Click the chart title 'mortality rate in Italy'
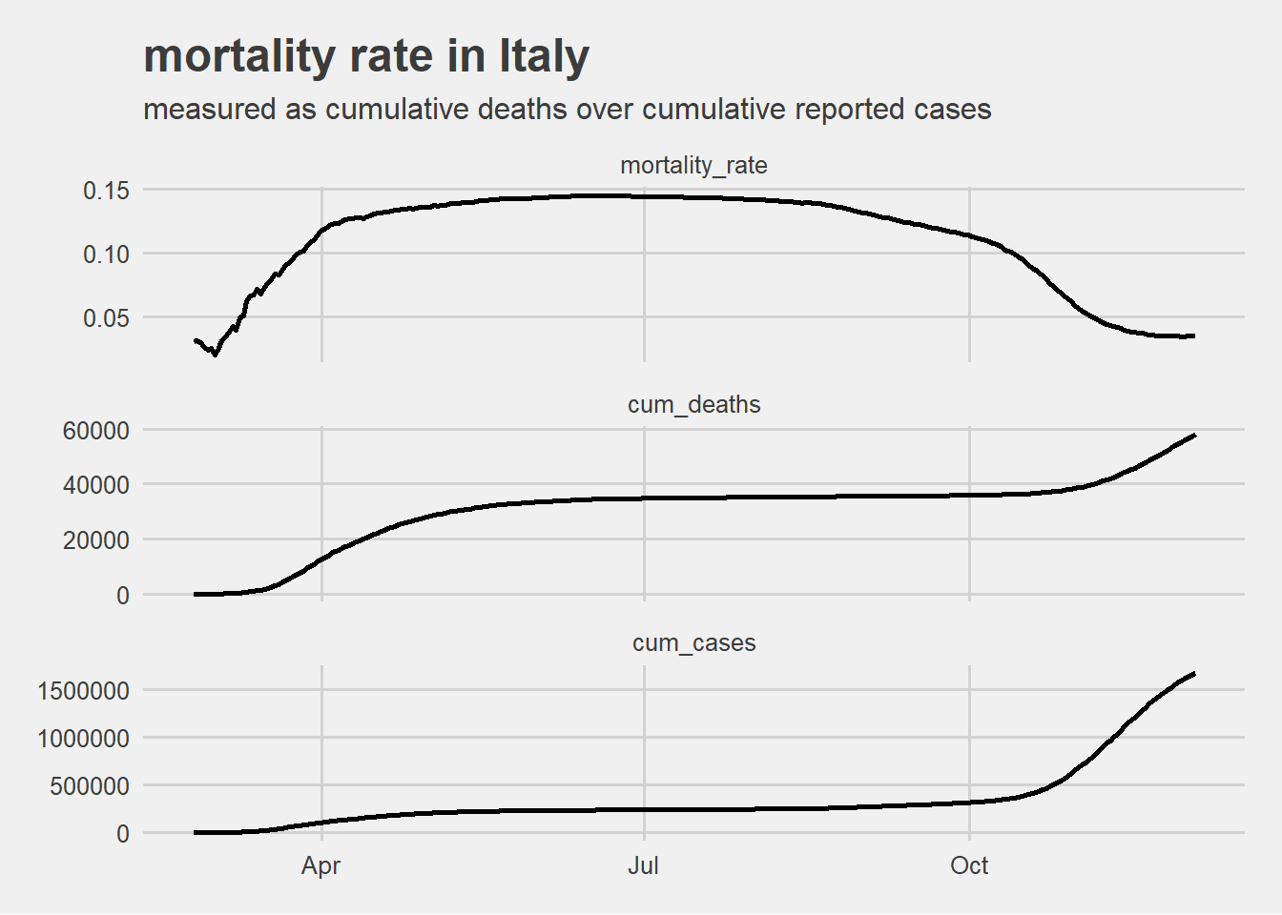point(366,56)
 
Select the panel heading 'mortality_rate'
point(693,166)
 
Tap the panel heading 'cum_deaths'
point(693,405)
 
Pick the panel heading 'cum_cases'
point(693,643)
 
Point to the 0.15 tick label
point(106,191)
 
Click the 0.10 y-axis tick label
point(106,254)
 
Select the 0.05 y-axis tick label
point(106,318)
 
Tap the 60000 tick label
point(95,431)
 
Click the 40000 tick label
point(95,485)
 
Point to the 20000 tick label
point(95,540)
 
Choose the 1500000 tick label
point(84,691)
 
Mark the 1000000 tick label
point(84,739)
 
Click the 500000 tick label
point(90,786)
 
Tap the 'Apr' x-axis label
point(321,866)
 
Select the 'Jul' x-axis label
point(644,866)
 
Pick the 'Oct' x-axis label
point(969,866)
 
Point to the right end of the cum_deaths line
point(1194,435)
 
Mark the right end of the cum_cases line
point(1194,674)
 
